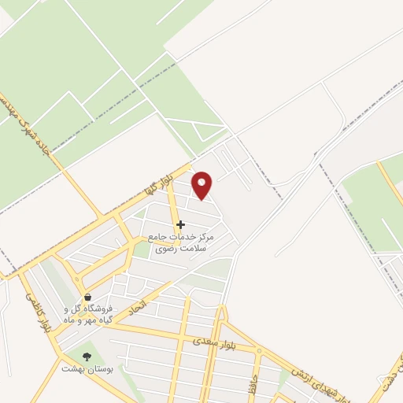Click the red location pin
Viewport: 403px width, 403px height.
pyautogui.click(x=202, y=187)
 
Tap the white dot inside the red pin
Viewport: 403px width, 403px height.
pyautogui.click(x=202, y=183)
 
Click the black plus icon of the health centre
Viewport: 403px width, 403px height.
pyautogui.click(x=180, y=224)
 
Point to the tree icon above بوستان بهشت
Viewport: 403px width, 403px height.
pyautogui.click(x=87, y=356)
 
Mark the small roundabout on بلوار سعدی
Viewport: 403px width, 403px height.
pyautogui.click(x=258, y=349)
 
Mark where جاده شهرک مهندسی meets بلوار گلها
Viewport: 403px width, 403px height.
pyautogui.click(x=102, y=215)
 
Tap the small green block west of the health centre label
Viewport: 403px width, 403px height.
pyautogui.click(x=140, y=250)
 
